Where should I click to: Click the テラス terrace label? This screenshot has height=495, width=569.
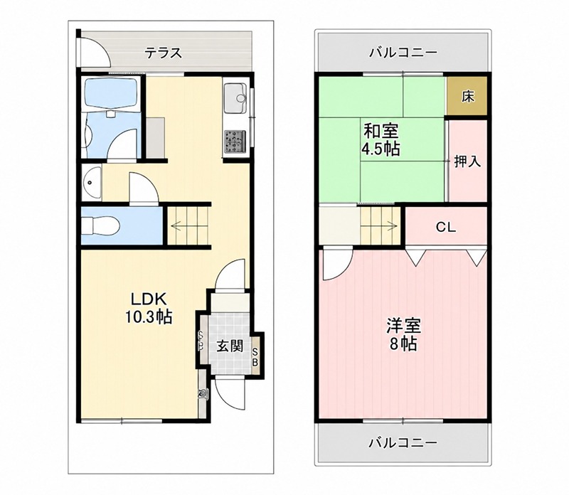163,53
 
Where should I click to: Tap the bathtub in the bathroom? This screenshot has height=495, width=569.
111,92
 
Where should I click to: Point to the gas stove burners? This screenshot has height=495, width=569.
235,141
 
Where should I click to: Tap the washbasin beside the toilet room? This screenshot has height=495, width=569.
92,183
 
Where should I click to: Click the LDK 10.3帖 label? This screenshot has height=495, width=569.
149,308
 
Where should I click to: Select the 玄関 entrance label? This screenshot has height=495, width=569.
230,346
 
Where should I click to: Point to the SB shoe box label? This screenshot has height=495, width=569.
255,357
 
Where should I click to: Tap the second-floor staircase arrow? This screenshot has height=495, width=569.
382,225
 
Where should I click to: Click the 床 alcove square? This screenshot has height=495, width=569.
467,96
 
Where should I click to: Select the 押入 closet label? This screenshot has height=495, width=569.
468,161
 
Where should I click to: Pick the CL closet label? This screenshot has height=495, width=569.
446,227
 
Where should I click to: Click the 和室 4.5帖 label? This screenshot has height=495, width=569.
381,139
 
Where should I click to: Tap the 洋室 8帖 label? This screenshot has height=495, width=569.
403,334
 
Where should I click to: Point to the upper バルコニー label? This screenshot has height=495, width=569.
403,53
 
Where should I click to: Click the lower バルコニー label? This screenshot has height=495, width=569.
403,443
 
